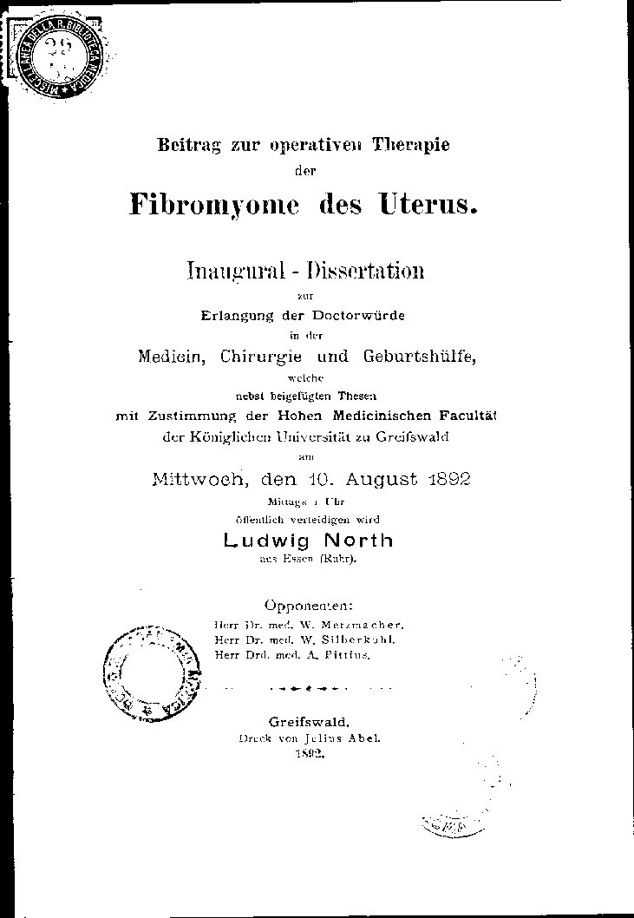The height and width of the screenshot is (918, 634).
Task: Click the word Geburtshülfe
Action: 410,356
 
